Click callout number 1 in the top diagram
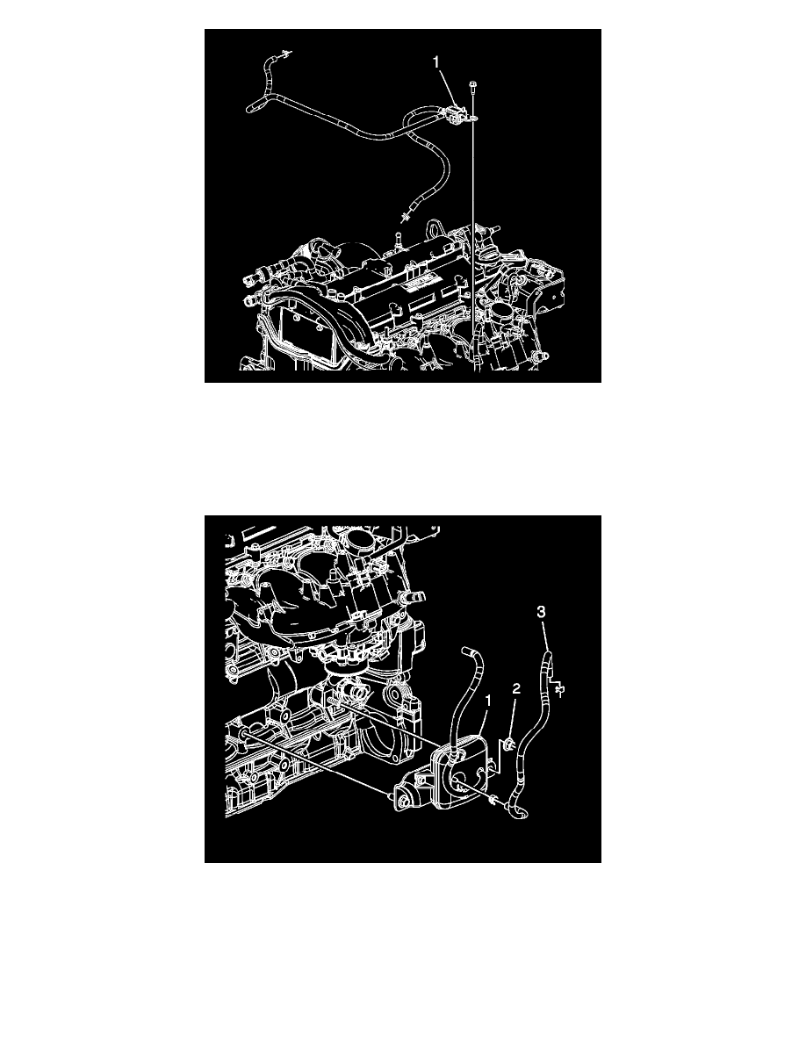click(x=436, y=61)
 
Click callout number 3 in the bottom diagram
click(x=542, y=611)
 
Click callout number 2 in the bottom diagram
click(x=517, y=689)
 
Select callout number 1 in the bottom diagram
click(x=489, y=701)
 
